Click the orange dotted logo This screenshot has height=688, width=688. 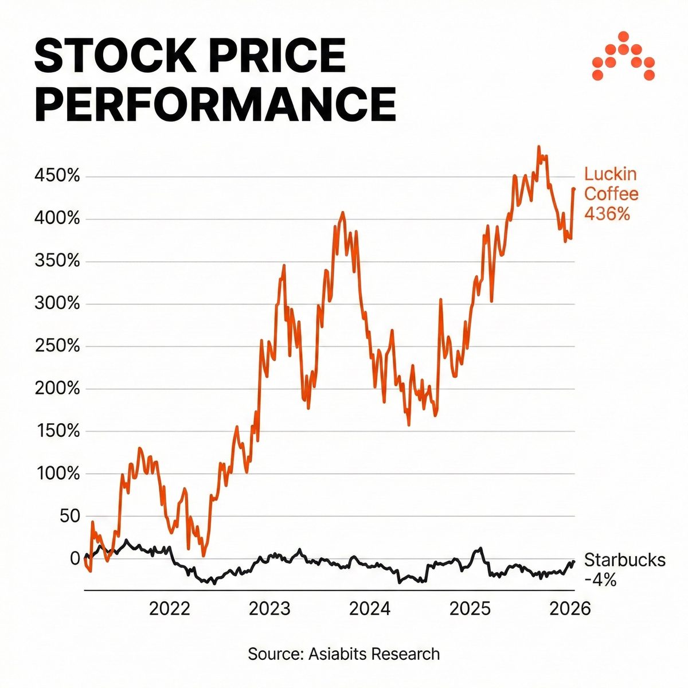(x=623, y=56)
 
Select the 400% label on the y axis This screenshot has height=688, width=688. (x=57, y=219)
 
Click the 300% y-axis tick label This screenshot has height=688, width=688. (x=57, y=304)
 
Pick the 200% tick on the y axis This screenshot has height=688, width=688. (x=57, y=389)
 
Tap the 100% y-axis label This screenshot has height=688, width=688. (x=57, y=474)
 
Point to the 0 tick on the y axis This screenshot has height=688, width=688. (x=75, y=558)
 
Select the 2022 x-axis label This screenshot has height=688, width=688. (x=169, y=608)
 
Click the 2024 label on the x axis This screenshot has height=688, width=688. (x=370, y=608)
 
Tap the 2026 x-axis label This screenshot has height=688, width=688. (x=569, y=608)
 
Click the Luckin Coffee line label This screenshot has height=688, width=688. (x=611, y=184)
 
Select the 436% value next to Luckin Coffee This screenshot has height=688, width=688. (x=607, y=214)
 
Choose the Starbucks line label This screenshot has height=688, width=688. (x=625, y=560)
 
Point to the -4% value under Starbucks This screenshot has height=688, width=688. (x=600, y=580)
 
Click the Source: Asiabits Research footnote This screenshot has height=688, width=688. (x=344, y=654)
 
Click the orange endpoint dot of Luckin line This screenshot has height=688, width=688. (x=573, y=189)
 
